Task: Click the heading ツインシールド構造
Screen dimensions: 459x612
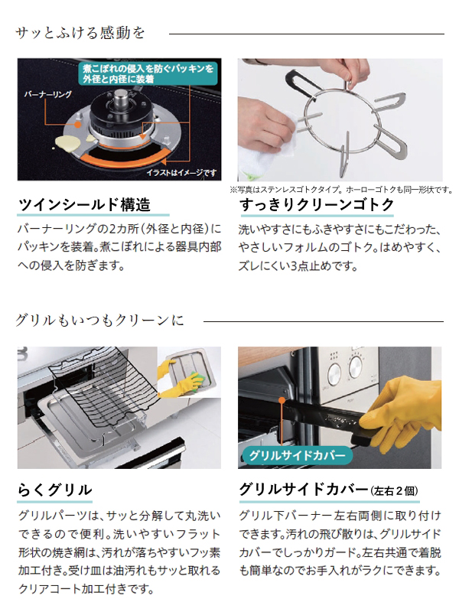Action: [85, 204]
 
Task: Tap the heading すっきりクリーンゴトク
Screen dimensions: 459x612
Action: [317, 204]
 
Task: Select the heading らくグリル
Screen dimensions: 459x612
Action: [55, 490]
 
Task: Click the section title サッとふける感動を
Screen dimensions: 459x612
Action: [80, 33]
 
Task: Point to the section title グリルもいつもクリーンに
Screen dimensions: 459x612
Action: [99, 321]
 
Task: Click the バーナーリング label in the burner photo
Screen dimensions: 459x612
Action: [48, 94]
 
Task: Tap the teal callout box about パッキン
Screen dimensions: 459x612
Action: [148, 73]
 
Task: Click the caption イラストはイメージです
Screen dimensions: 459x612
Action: [182, 173]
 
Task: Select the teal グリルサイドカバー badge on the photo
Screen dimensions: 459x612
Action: [297, 455]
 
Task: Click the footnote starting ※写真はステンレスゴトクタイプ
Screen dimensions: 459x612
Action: [340, 190]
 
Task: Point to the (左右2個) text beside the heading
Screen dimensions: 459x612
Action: [394, 490]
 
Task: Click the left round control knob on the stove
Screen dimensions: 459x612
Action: [334, 374]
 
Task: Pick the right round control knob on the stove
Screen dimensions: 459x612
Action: [355, 367]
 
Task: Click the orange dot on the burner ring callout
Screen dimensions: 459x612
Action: [78, 125]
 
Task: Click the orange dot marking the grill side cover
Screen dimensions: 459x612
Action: [282, 400]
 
